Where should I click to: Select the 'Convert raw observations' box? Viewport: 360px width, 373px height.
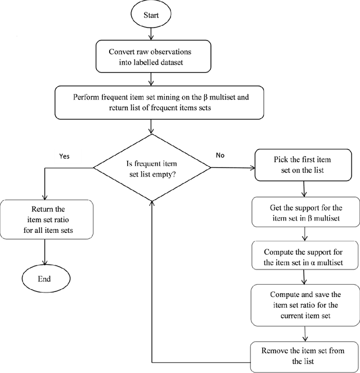(151, 58)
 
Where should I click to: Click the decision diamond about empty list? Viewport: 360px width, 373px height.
(151, 168)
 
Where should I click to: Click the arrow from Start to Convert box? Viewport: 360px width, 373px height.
(151, 35)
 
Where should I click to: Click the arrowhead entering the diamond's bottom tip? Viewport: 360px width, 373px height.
(151, 204)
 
